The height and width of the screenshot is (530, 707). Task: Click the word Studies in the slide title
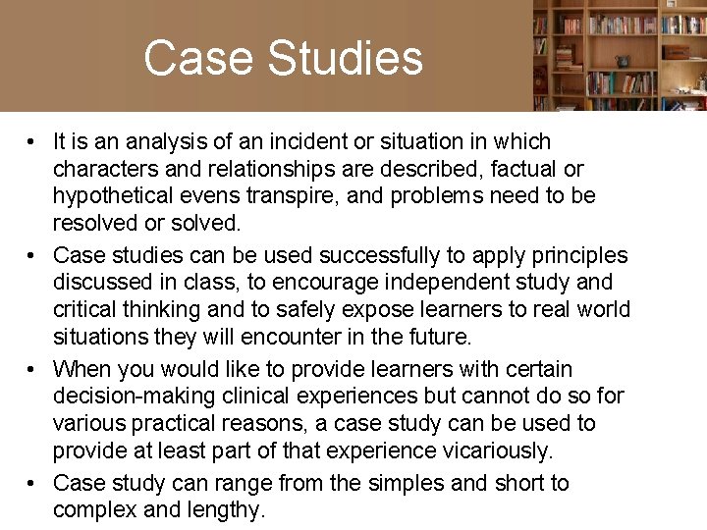click(x=345, y=59)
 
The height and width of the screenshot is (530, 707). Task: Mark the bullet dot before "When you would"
click(x=33, y=370)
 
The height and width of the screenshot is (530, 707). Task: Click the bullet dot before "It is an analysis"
click(x=33, y=142)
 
